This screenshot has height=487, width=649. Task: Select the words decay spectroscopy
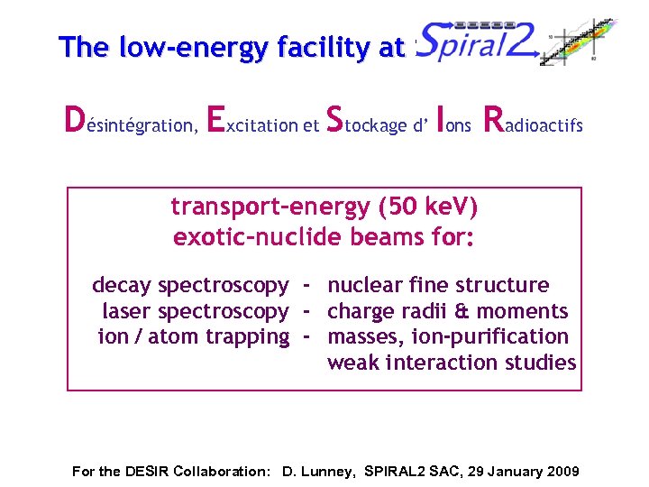click(190, 286)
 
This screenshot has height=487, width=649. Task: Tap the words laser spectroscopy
click(196, 312)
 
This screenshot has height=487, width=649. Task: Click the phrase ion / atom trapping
click(193, 337)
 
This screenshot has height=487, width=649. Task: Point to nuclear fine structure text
click(438, 286)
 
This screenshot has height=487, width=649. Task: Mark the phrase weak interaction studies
click(451, 363)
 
